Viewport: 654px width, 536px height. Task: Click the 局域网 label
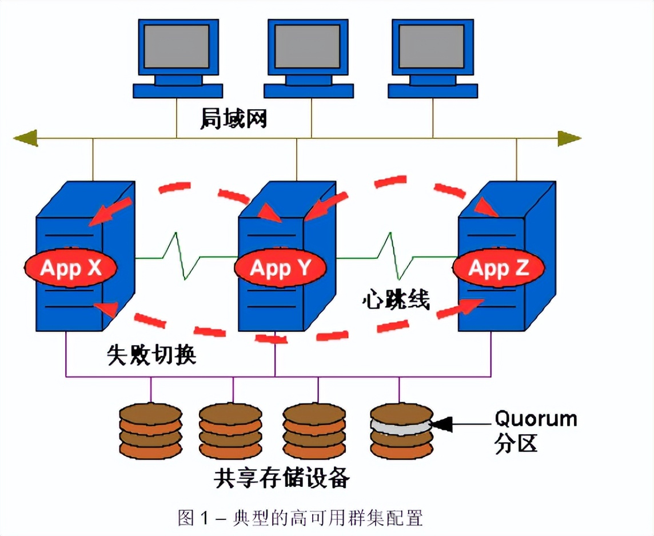pos(233,119)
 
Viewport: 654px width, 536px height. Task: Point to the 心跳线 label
pos(396,299)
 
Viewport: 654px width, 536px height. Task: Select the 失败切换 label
pos(151,354)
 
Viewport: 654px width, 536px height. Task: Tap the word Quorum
pos(536,419)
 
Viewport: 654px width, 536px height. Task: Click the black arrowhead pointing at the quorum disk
pos(442,423)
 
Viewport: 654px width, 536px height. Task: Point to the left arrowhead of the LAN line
pos(26,138)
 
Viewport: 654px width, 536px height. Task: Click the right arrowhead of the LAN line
pos(569,138)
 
